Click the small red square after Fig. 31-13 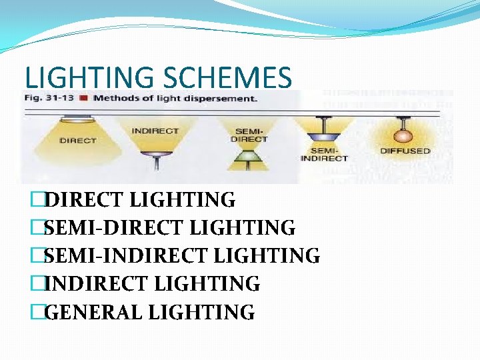(83, 99)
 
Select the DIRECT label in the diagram (78, 141)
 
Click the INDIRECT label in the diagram (155, 131)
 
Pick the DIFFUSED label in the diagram (405, 151)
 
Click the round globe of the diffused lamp (402, 134)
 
